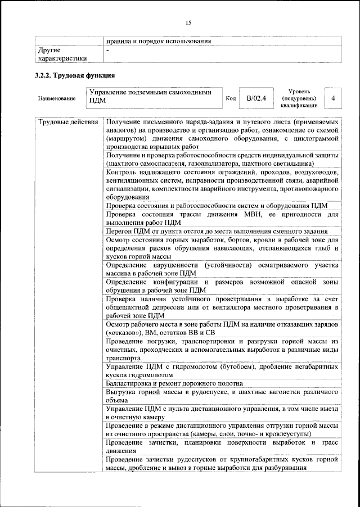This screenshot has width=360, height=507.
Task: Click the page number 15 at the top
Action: pyautogui.click(x=188, y=22)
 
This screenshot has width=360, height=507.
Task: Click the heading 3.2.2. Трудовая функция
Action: pyautogui.click(x=75, y=75)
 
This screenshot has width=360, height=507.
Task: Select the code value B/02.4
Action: pyautogui.click(x=256, y=99)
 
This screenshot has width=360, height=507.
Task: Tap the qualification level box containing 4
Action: pyautogui.click(x=334, y=98)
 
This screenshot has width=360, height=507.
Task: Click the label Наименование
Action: pyautogui.click(x=57, y=99)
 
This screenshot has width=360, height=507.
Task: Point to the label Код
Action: pyautogui.click(x=230, y=99)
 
